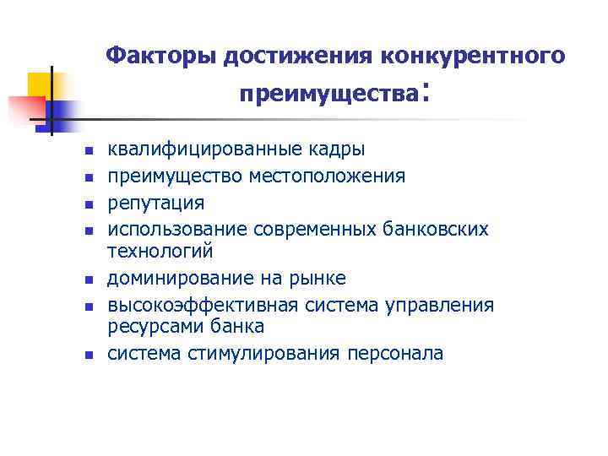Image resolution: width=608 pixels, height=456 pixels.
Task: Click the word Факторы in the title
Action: [161, 56]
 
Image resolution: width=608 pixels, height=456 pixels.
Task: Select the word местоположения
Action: [326, 176]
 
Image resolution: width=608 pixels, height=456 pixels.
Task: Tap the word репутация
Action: [155, 203]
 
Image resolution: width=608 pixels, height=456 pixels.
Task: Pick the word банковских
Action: [442, 229]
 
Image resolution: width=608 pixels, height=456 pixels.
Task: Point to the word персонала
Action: [394, 353]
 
